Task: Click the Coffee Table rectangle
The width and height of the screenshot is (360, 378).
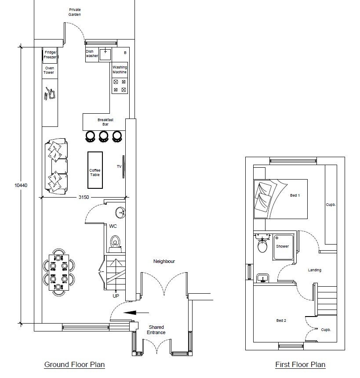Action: (95, 170)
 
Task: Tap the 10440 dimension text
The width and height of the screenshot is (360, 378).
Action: (21, 185)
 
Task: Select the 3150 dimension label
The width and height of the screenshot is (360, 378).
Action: (84, 197)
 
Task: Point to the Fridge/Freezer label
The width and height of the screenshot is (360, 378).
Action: (50, 55)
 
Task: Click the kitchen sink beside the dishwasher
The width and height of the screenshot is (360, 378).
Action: (105, 54)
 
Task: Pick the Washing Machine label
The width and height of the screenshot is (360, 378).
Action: (120, 70)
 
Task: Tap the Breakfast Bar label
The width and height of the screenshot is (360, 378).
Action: (105, 122)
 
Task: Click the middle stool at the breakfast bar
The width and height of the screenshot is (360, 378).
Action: (103, 136)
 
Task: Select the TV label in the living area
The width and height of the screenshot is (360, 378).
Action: (119, 166)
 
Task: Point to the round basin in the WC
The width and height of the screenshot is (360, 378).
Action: (120, 212)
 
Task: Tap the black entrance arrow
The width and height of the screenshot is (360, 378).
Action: (136, 313)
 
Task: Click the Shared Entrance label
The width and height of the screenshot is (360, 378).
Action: (156, 330)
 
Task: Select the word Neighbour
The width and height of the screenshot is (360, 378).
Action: (164, 261)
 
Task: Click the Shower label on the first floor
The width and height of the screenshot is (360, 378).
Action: (282, 246)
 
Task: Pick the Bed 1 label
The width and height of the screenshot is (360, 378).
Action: (295, 195)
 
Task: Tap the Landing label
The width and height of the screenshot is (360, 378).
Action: (315, 270)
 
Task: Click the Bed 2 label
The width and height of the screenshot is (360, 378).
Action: (281, 320)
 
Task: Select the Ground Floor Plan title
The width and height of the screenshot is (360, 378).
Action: (75, 364)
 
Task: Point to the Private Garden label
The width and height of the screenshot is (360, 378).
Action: (75, 12)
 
